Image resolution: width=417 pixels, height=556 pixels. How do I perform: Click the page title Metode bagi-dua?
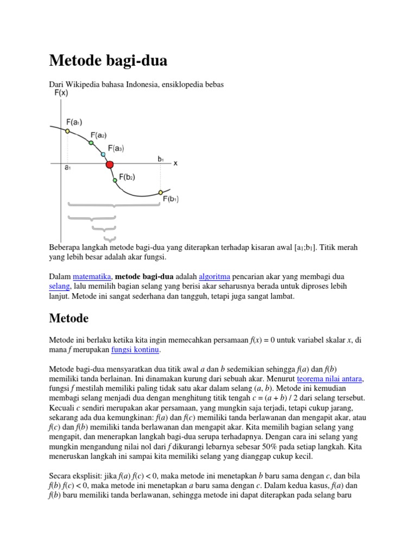click(108, 61)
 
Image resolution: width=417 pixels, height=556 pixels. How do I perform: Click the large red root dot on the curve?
click(109, 165)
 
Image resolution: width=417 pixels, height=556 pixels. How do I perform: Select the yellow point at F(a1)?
click(67, 131)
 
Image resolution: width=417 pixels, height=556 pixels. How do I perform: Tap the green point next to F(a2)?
click(91, 143)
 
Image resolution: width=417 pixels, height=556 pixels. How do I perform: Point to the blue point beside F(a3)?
click(103, 154)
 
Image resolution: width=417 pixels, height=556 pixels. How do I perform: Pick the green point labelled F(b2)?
click(114, 180)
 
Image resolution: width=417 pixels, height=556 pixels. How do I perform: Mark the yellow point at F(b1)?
click(160, 192)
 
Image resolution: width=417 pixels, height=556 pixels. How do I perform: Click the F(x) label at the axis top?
click(61, 93)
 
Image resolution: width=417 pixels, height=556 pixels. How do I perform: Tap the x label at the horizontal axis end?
click(175, 163)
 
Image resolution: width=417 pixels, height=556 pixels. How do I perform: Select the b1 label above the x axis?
click(161, 159)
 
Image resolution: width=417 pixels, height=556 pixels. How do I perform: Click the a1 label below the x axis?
click(67, 168)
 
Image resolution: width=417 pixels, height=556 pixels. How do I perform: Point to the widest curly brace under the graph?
click(113, 205)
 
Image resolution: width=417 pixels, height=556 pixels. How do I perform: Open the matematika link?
click(92, 276)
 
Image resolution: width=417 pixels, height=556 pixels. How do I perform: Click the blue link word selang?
click(60, 286)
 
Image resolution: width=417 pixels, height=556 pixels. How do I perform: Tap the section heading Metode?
click(69, 318)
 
